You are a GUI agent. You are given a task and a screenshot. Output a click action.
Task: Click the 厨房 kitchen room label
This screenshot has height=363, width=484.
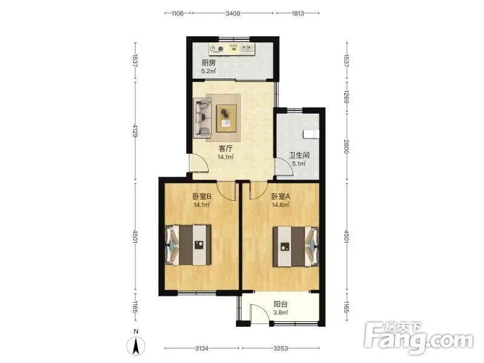pyautogui.click(x=208, y=63)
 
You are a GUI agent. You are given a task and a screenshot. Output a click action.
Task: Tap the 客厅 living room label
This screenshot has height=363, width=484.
pyautogui.click(x=225, y=148)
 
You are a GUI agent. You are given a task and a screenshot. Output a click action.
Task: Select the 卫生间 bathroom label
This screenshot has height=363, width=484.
pyautogui.click(x=299, y=155)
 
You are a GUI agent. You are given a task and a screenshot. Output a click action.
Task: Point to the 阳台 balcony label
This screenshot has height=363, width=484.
pyautogui.click(x=281, y=304)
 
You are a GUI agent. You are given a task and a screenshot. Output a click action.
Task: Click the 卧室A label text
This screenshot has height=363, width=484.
pyautogui.click(x=281, y=196)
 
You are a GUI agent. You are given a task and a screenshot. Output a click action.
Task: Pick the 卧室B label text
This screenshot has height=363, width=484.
pyautogui.click(x=202, y=196)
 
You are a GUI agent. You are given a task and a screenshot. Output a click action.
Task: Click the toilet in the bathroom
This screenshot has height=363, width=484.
pyautogui.click(x=311, y=134)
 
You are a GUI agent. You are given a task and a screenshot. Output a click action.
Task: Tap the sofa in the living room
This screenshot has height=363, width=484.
pyautogui.click(x=202, y=117)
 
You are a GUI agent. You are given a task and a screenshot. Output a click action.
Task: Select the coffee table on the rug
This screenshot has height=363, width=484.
pyautogui.click(x=226, y=118)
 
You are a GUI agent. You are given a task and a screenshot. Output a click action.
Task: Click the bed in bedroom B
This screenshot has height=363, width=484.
pyautogui.click(x=188, y=245)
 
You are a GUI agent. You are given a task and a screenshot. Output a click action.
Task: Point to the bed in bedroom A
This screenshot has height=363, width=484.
pyautogui.click(x=295, y=247)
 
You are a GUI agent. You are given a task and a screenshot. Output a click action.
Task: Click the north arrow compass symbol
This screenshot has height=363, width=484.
pyautogui.click(x=136, y=345)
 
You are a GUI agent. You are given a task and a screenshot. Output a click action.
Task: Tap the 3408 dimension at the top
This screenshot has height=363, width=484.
pyautogui.click(x=233, y=13)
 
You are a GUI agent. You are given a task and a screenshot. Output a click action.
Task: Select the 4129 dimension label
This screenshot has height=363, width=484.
pyautogui.click(x=135, y=131)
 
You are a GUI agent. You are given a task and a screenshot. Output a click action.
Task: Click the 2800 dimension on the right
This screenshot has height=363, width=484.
pyautogui.click(x=346, y=146)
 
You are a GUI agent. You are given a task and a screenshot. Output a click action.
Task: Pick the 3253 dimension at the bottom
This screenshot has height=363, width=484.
pyautogui.click(x=281, y=348)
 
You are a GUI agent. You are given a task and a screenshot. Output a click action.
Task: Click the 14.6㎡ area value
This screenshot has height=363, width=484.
pyautogui.click(x=281, y=204)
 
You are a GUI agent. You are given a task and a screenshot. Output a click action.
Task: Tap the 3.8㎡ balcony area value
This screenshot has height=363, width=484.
pyautogui.click(x=281, y=312)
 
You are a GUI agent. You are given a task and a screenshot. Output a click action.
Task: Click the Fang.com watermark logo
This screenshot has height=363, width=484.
pyautogui.click(x=418, y=338)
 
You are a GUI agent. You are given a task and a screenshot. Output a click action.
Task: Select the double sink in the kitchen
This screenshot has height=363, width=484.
pyautogui.click(x=247, y=48)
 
